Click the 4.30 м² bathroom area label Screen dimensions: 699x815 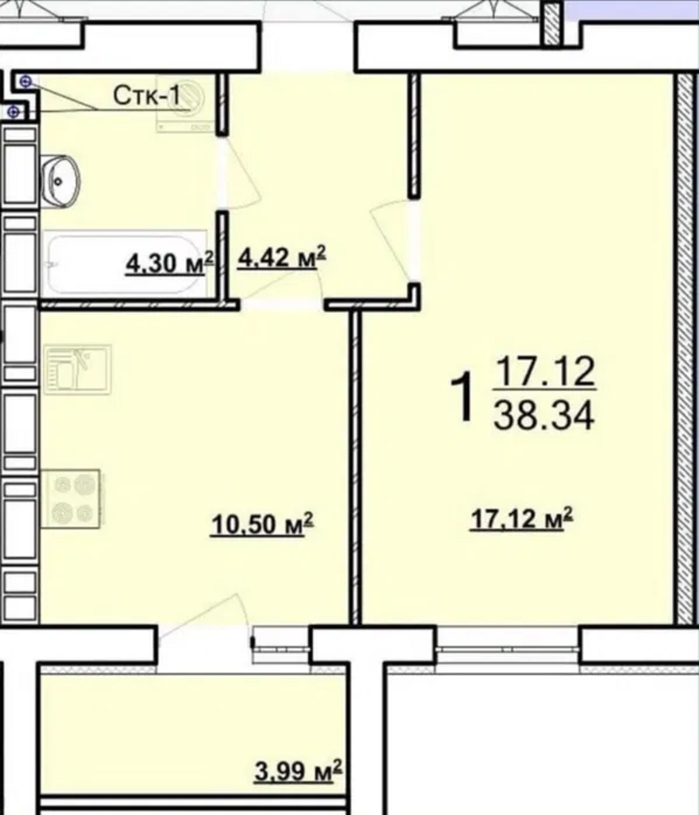[170, 262]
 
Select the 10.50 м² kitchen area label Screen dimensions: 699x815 [262, 524]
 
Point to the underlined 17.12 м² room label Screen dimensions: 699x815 [522, 518]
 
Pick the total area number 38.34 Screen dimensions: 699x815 [544, 416]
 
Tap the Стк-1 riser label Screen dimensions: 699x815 [146, 96]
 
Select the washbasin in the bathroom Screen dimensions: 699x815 [60, 181]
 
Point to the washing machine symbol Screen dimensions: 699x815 [185, 103]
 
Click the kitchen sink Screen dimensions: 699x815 [78, 370]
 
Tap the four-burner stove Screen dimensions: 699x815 [71, 499]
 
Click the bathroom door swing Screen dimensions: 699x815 [241, 174]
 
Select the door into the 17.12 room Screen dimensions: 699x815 [393, 241]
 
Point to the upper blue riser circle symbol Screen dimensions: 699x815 [26, 82]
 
